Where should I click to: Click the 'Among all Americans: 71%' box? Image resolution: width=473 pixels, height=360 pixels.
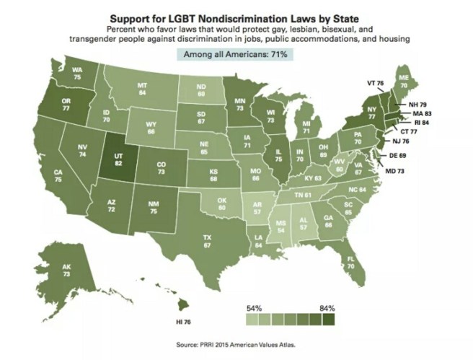[236, 55]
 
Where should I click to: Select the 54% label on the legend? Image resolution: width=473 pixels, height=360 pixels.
[255, 308]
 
